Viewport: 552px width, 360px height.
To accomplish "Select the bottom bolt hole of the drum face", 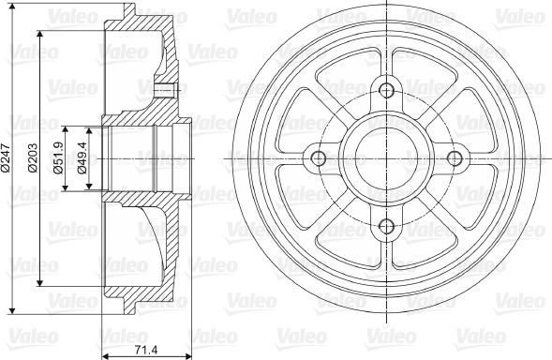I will [x=385, y=225].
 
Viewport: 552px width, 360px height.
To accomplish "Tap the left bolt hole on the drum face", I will [x=318, y=157].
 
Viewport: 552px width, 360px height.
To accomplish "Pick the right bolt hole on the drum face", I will [x=454, y=157].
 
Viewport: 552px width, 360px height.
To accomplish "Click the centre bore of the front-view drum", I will [x=385, y=157].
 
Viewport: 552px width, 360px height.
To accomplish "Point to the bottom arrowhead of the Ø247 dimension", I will [x=10, y=308].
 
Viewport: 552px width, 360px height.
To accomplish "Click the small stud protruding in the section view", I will [x=168, y=90].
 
